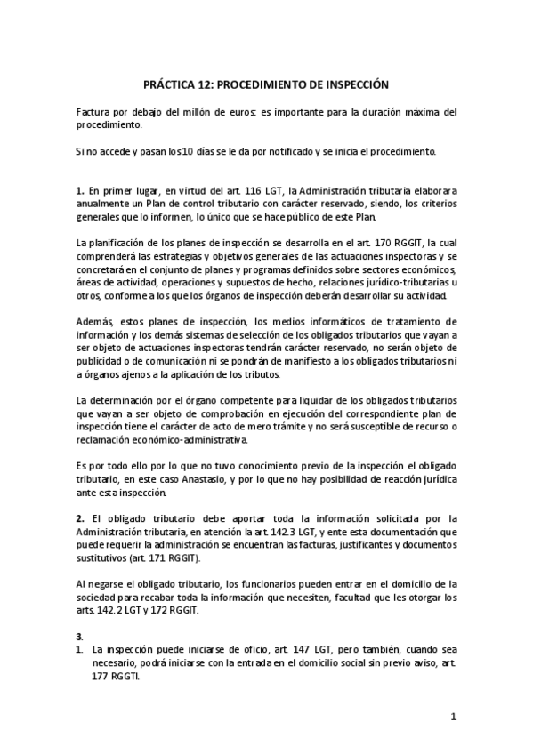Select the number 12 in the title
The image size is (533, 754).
(x=206, y=84)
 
